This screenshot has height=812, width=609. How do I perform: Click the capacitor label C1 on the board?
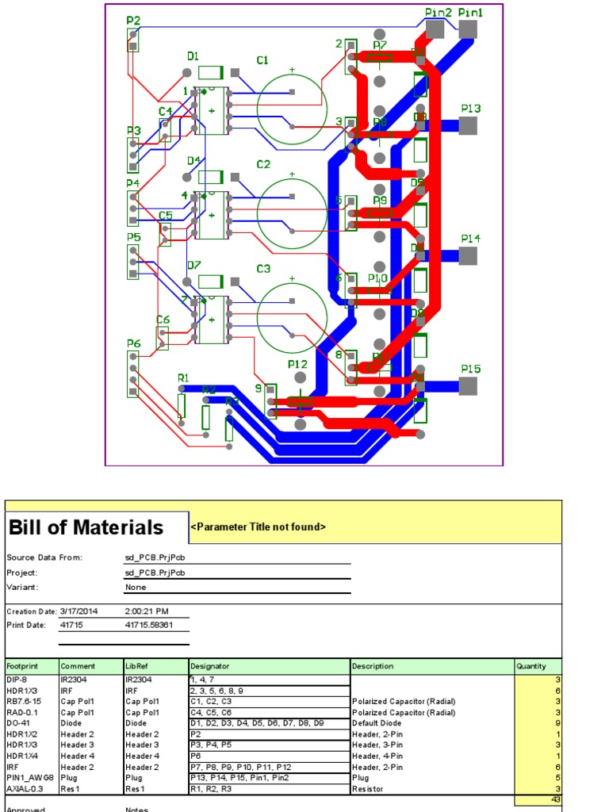pyautogui.click(x=262, y=60)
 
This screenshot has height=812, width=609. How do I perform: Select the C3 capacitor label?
pyautogui.click(x=262, y=269)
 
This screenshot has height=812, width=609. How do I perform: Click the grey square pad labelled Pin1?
pyautogui.click(x=468, y=29)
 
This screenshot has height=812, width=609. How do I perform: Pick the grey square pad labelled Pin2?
pyautogui.click(x=435, y=29)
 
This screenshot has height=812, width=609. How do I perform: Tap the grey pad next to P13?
pyautogui.click(x=468, y=125)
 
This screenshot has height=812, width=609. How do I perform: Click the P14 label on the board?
pyautogui.click(x=471, y=238)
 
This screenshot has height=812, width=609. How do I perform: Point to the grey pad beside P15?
pyautogui.click(x=468, y=386)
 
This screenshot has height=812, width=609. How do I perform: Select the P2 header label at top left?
pyautogui.click(x=133, y=21)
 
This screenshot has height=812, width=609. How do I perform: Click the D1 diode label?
pyautogui.click(x=193, y=56)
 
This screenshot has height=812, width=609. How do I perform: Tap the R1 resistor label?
pyautogui.click(x=183, y=378)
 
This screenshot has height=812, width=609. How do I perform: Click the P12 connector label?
pyautogui.click(x=297, y=363)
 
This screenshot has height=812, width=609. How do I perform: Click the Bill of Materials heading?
pyautogui.click(x=86, y=527)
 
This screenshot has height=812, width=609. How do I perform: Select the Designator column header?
pyautogui.click(x=209, y=666)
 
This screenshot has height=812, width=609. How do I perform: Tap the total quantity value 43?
pyautogui.click(x=555, y=799)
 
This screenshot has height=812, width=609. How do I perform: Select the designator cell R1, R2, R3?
pyautogui.click(x=209, y=789)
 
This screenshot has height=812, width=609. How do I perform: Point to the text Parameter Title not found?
pyautogui.click(x=259, y=527)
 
